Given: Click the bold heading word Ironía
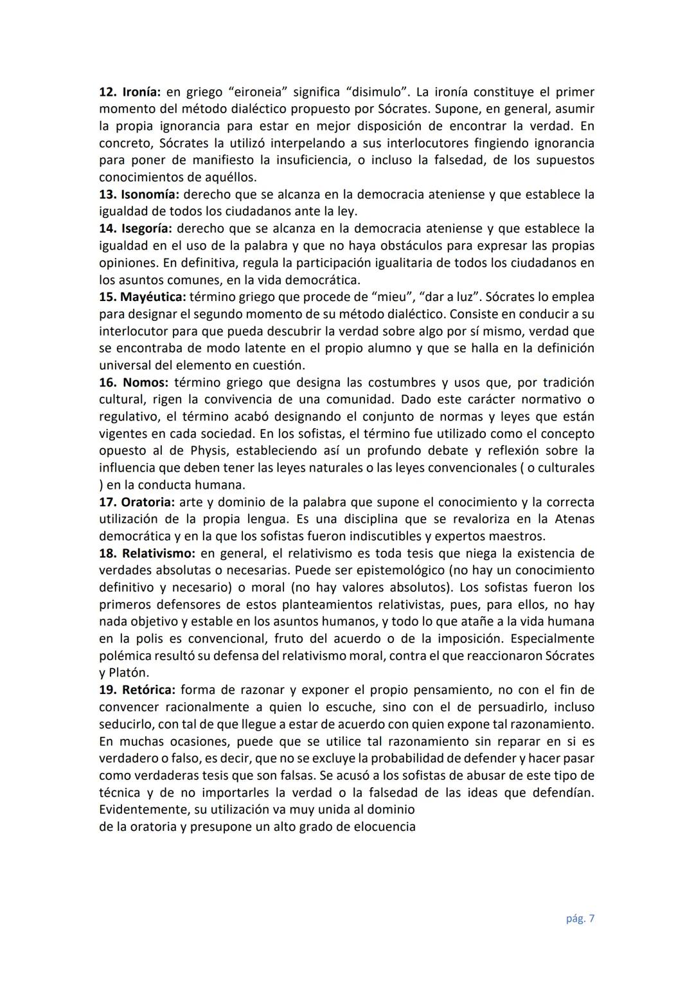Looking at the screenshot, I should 138,92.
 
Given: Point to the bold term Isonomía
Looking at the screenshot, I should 150,194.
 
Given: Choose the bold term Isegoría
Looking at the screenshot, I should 147,228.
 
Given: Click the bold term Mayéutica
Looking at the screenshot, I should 153,297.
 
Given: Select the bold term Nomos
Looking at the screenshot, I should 145,383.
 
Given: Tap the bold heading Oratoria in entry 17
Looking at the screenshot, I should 147,502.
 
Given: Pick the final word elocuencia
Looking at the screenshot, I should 384,827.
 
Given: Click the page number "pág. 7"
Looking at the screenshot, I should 580,919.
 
